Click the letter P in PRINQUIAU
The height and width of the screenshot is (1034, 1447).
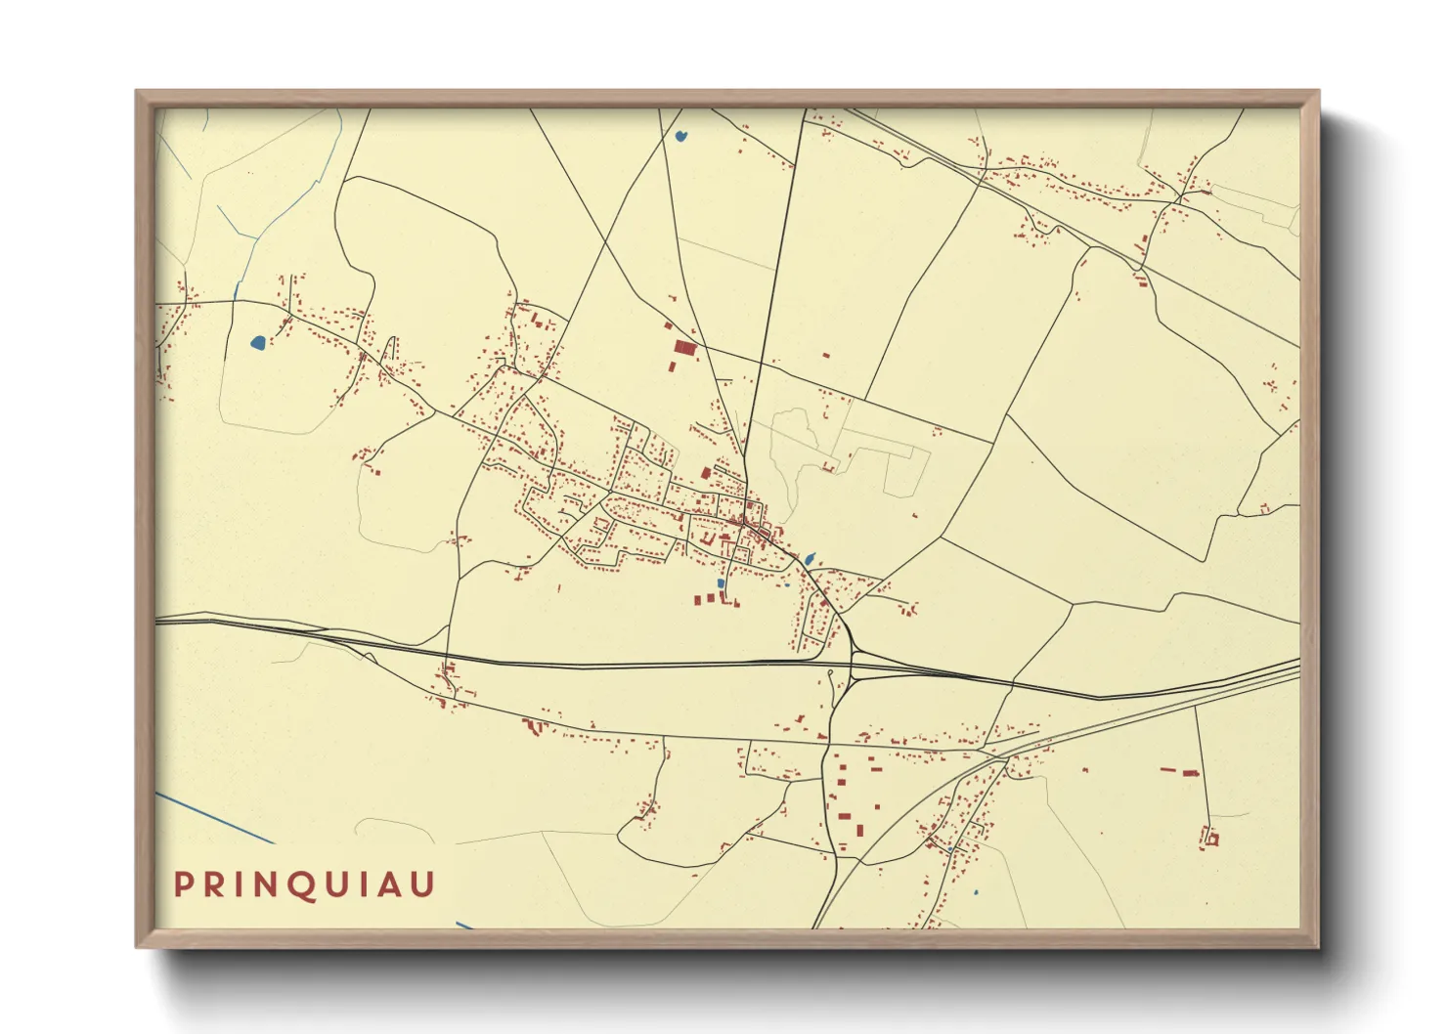click(182, 884)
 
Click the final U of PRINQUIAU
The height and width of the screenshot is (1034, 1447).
click(423, 884)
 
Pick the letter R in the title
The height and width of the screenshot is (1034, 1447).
click(214, 884)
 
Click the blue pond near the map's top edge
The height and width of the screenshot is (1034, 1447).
click(680, 136)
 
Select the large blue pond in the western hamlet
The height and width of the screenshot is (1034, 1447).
click(257, 343)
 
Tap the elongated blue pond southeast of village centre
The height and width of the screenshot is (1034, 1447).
click(809, 559)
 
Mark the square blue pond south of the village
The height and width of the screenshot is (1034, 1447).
click(721, 583)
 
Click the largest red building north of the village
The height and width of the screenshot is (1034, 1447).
click(685, 346)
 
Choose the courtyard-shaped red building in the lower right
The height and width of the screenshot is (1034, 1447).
click(1211, 838)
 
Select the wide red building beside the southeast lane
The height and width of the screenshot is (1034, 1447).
click(1192, 773)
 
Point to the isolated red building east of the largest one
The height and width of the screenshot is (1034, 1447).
click(826, 356)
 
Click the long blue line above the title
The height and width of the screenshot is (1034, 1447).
click(215, 818)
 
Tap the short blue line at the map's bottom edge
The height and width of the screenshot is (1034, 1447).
click(464, 926)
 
